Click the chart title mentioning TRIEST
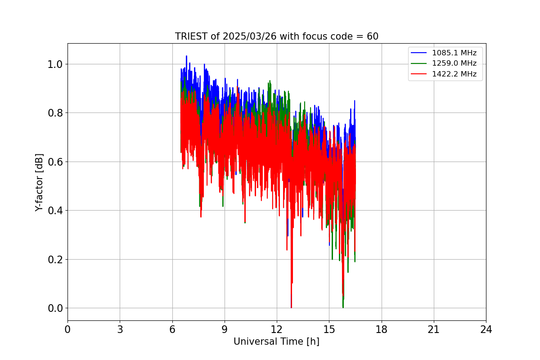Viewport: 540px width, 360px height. click(x=276, y=36)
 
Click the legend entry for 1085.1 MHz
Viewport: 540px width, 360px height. click(x=454, y=53)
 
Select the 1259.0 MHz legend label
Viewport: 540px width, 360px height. click(x=454, y=63)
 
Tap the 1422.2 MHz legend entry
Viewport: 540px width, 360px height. click(x=454, y=74)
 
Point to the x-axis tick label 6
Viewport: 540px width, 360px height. click(x=172, y=329)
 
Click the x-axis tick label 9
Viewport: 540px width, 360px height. click(x=225, y=329)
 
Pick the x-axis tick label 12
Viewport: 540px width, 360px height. click(x=277, y=329)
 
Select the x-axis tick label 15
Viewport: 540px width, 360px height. click(x=329, y=329)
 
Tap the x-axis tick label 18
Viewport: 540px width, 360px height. click(x=382, y=329)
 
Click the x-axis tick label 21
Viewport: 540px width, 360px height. click(x=434, y=329)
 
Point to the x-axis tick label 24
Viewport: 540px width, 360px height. click(x=486, y=329)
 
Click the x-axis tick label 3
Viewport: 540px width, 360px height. click(x=120, y=329)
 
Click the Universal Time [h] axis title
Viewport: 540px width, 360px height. click(x=276, y=342)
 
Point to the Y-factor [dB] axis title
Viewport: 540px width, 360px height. click(x=40, y=182)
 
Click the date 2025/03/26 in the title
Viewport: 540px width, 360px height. click(x=250, y=36)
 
